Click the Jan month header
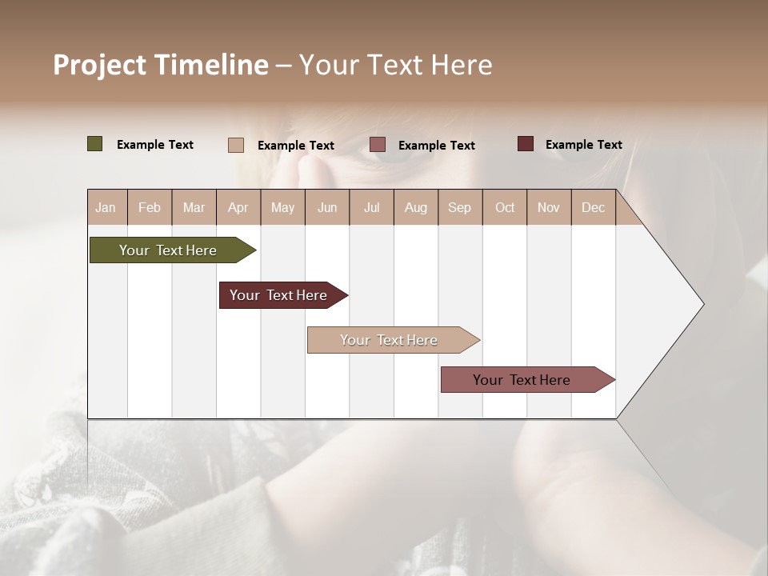tap(106, 207)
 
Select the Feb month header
tap(150, 207)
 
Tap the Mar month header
tap(194, 207)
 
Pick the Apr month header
tap(238, 207)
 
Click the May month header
tap(282, 207)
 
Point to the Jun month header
tap(327, 207)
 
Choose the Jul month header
tap(371, 207)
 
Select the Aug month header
tap(415, 207)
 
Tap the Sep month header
tap(459, 207)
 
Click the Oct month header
tap(505, 207)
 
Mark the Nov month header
tap(548, 207)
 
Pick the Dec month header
tap(593, 207)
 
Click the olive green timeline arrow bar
tap(169, 250)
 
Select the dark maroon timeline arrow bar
tap(279, 295)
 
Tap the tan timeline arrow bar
tap(390, 340)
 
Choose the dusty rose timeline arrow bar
tap(522, 380)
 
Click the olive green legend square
tap(95, 144)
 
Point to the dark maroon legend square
tap(526, 144)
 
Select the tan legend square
tap(236, 145)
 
